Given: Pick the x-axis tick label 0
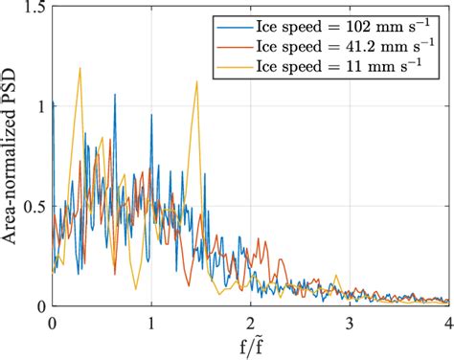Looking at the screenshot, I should coord(53,321).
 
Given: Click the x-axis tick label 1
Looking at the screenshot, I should coord(151,321).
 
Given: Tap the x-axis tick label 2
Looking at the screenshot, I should coord(251,321).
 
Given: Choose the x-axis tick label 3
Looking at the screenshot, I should coord(350,321).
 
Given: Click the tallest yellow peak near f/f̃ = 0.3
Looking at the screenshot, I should coord(80,68).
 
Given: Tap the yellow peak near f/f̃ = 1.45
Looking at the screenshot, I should coord(196,82).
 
